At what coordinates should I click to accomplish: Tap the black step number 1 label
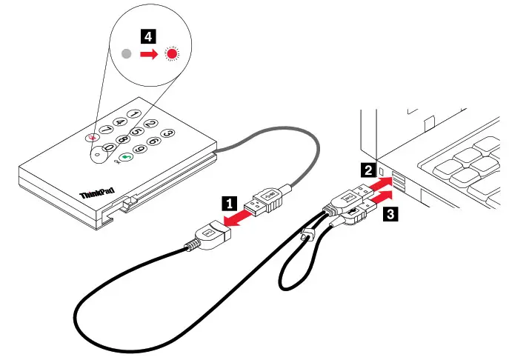231,201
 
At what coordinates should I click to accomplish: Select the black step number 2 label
367,170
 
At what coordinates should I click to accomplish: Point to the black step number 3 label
390,216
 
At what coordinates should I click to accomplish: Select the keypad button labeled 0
108,149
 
